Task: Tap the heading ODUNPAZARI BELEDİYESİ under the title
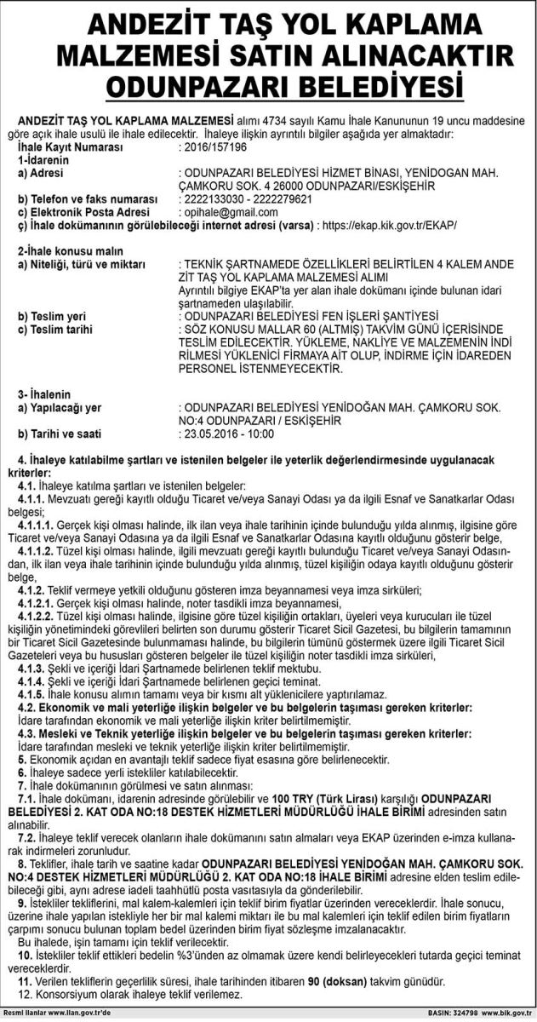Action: pyautogui.click(x=268, y=88)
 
